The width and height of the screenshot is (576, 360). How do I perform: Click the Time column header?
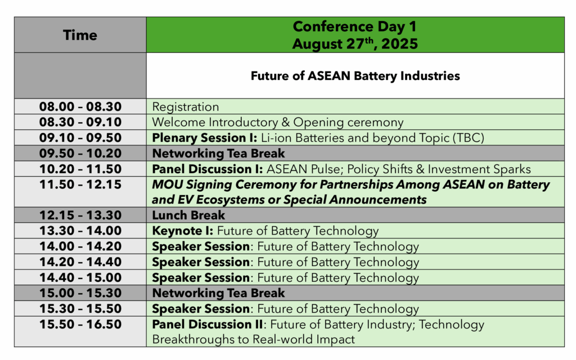pyautogui.click(x=80, y=35)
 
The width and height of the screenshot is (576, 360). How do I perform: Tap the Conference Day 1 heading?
pyautogui.click(x=355, y=26)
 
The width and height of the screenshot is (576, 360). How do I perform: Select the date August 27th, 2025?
pyautogui.click(x=355, y=44)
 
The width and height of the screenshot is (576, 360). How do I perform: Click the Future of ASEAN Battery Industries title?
pyautogui.click(x=355, y=76)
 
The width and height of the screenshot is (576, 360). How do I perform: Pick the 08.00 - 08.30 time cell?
pyautogui.click(x=80, y=106)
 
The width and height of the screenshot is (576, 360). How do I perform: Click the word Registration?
pyautogui.click(x=186, y=107)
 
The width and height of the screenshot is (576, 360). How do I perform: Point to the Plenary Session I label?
pyautogui.click(x=205, y=138)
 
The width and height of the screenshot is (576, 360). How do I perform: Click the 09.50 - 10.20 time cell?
pyautogui.click(x=80, y=153)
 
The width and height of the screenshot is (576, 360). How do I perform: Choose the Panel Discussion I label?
pyautogui.click(x=208, y=169)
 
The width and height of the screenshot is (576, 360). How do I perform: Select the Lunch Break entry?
pyautogui.click(x=188, y=215)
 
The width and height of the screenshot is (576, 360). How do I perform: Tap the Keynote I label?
pyautogui.click(x=183, y=231)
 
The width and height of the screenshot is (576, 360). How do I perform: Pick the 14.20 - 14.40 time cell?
pyautogui.click(x=80, y=262)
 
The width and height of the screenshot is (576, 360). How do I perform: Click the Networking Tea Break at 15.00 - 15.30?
pyautogui.click(x=219, y=293)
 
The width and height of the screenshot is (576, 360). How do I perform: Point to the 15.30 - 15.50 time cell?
pyautogui.click(x=80, y=309)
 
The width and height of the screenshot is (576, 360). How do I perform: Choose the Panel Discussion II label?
pyautogui.click(x=208, y=325)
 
